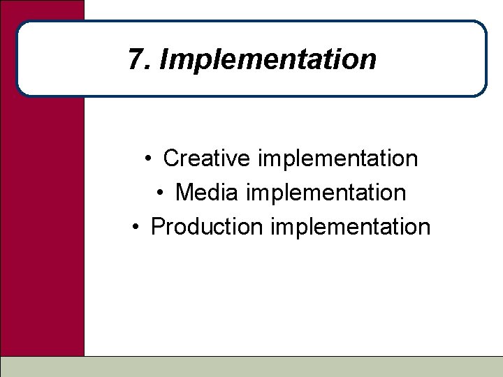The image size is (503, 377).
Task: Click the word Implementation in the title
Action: coord(268,61)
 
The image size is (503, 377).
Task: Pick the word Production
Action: coord(206,226)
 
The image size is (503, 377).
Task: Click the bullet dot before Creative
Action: coord(150,159)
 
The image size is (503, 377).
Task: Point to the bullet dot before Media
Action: coord(161,193)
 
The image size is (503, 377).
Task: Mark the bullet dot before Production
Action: coord(137,227)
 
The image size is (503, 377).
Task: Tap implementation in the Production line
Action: coord(350,227)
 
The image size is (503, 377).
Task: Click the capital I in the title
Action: coord(163,59)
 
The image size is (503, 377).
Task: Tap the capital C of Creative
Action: coord(170,158)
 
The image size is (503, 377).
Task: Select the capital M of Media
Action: coord(184,192)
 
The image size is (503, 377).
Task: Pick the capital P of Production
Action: coord(158,226)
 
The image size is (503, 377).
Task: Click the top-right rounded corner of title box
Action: coord(480,27)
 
